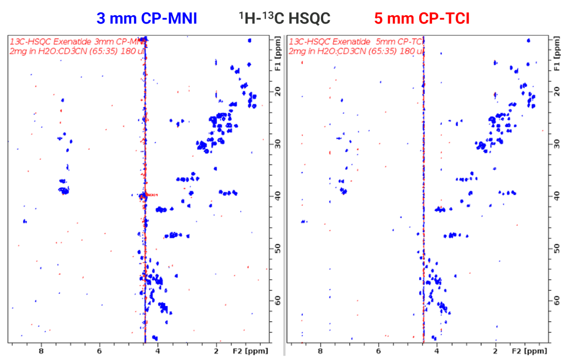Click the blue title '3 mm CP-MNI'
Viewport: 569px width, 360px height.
[x=147, y=18]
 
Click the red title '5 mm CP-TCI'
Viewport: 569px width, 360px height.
[x=421, y=18]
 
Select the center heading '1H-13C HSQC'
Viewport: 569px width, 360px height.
[x=284, y=18]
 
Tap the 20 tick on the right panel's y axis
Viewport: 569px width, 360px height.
[x=556, y=91]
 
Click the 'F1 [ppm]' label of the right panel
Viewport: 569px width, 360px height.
[x=556, y=60]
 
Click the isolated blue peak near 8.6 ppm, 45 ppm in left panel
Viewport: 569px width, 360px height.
[x=25, y=221]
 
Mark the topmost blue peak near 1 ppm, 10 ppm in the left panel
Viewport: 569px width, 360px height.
[x=249, y=40]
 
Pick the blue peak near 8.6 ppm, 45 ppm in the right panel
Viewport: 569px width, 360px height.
[x=304, y=221]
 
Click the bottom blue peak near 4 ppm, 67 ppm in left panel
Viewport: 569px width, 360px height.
[x=155, y=338]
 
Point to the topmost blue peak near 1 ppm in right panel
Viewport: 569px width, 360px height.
[x=528, y=40]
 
